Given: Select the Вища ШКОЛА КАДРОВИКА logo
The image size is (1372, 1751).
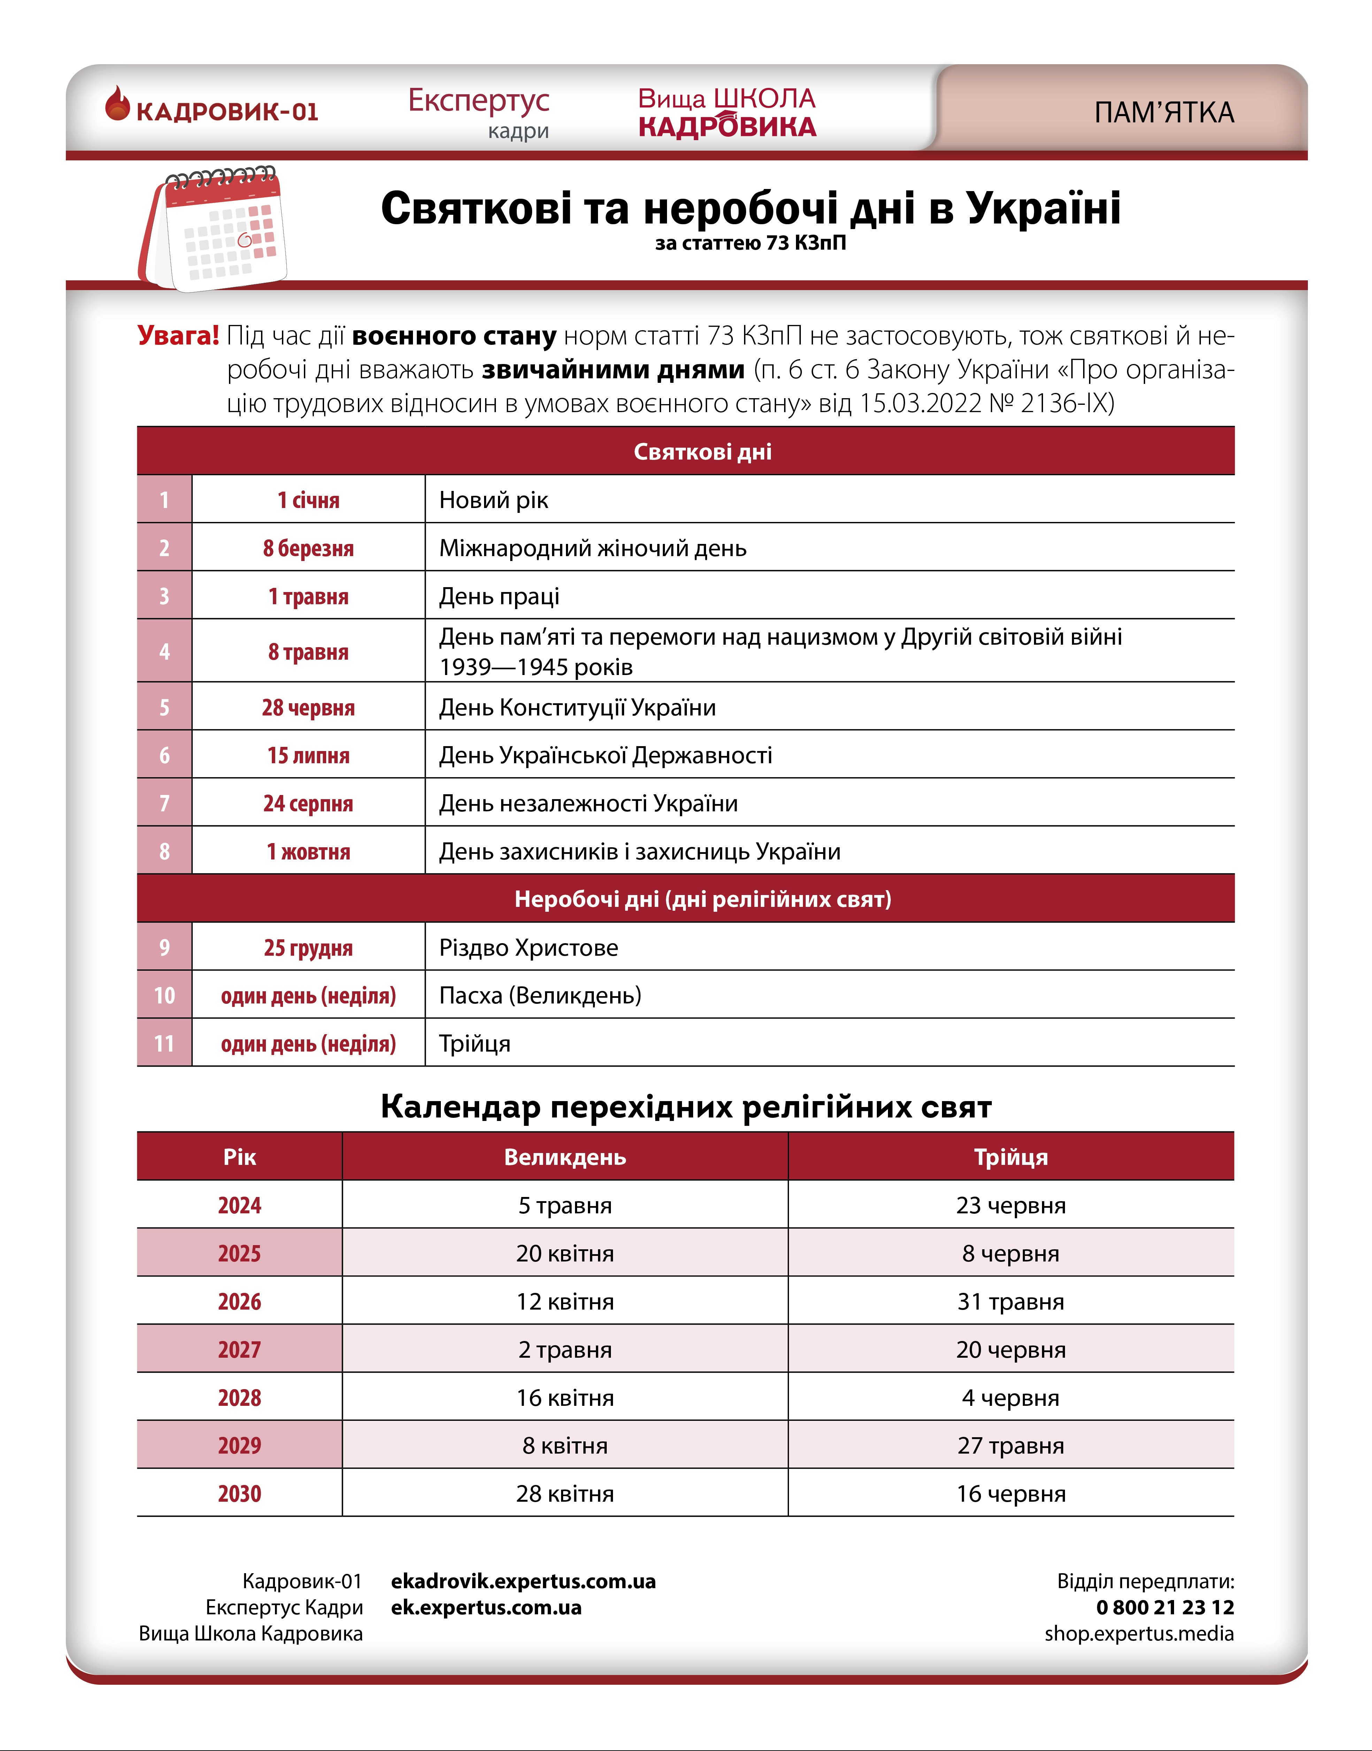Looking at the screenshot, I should coord(727,113).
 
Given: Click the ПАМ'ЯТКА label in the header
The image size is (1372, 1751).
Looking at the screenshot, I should coord(1164,113).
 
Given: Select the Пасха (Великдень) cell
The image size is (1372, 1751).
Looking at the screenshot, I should coord(540,996).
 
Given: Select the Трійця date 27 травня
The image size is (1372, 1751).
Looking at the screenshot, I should coord(1011,1446).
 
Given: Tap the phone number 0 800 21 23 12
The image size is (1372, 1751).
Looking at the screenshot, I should coord(1165,1607).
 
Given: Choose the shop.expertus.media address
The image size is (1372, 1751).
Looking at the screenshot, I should coord(1139,1634).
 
